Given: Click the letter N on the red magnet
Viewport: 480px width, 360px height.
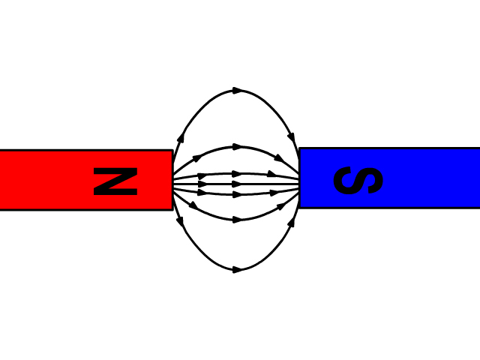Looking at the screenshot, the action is (x=115, y=181).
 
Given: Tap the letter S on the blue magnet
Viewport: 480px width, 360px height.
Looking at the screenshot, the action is (x=358, y=180).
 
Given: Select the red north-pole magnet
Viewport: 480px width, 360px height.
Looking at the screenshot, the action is (x=86, y=180).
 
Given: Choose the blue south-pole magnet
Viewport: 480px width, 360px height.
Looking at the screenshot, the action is (x=389, y=178).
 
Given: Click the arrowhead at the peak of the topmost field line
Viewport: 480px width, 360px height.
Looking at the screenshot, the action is (x=238, y=91).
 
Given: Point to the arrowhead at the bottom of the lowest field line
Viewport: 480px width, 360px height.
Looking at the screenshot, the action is (x=238, y=270).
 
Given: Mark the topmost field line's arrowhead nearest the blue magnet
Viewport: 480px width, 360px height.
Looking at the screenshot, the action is (x=292, y=138).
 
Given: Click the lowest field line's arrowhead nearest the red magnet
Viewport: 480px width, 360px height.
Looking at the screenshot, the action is (x=180, y=221).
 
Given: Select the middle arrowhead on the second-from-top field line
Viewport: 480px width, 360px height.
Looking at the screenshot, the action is (x=238, y=147).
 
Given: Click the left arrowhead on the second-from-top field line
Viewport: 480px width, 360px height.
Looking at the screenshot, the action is (x=196, y=158).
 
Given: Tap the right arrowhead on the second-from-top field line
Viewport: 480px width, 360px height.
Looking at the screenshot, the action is (x=279, y=158).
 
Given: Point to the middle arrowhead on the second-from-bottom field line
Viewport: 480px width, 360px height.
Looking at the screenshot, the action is (x=238, y=220).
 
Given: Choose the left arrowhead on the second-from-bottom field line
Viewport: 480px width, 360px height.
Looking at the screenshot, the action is (x=193, y=205).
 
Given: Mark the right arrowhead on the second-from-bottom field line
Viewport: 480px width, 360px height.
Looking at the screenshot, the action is (x=281, y=206).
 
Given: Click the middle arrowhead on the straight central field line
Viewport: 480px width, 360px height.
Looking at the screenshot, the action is (x=238, y=184).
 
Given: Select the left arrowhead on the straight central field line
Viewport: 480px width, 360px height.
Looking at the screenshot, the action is (x=203, y=184).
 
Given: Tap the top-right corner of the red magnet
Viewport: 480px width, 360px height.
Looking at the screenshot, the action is (x=173, y=150).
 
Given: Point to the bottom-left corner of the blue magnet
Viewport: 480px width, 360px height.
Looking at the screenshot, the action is (x=299, y=208).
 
